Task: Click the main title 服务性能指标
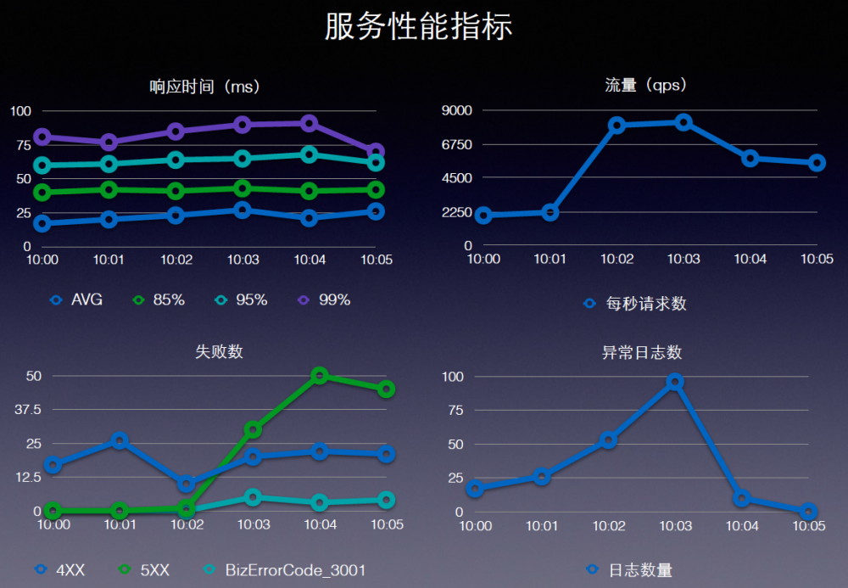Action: (x=419, y=26)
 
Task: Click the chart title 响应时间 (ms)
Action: (x=204, y=86)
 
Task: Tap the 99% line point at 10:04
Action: (x=310, y=123)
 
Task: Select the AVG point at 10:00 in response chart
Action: (x=42, y=223)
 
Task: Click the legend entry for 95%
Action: (x=243, y=300)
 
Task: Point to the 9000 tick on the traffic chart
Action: (x=456, y=110)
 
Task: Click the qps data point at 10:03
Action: (x=683, y=122)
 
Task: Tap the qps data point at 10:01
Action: (x=550, y=212)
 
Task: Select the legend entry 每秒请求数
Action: (x=637, y=303)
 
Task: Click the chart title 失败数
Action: (x=219, y=351)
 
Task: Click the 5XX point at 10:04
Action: (x=320, y=375)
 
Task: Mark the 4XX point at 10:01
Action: (x=120, y=440)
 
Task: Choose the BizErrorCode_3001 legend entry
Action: (x=285, y=570)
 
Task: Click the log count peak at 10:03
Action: (x=675, y=382)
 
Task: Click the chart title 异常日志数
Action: (x=641, y=352)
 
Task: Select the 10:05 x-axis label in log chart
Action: (x=808, y=526)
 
